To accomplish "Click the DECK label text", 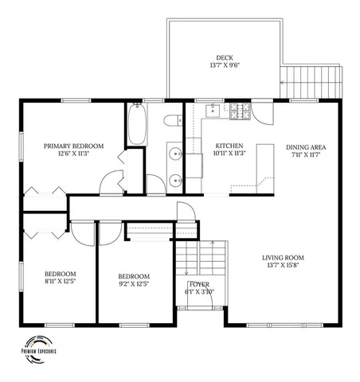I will [x=224, y=57].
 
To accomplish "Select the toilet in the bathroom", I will [x=171, y=121].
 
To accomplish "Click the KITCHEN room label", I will [x=230, y=146].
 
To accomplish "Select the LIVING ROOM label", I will [x=284, y=257].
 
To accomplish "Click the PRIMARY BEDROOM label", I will [x=73, y=146].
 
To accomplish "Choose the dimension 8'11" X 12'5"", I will [x=61, y=282].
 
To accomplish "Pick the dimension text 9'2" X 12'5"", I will [x=134, y=282].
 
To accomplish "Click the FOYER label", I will [x=198, y=283].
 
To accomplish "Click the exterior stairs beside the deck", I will [x=312, y=77].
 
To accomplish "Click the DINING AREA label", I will [x=306, y=146].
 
